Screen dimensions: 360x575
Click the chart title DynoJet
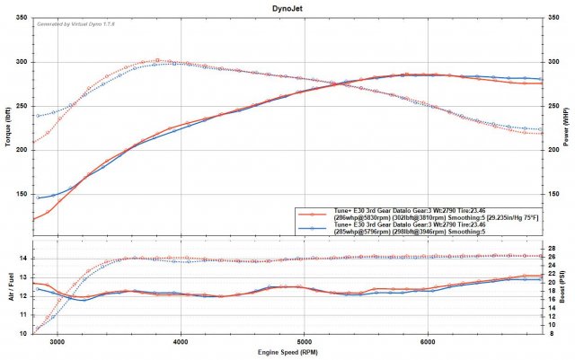click(x=287, y=6)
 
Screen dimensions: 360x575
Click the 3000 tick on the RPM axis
click(x=58, y=342)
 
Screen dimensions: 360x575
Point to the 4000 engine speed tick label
click(x=181, y=342)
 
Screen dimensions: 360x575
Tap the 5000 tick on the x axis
click(x=305, y=342)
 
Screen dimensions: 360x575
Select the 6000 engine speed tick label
click(x=428, y=342)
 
